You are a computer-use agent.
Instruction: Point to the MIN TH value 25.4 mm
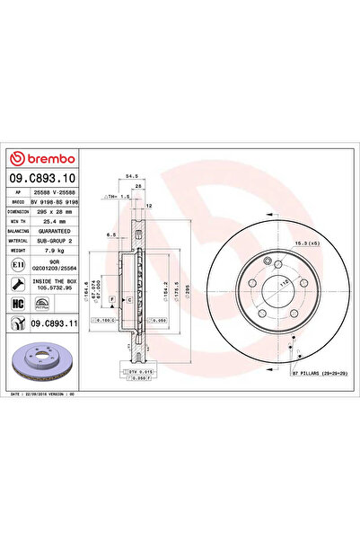point(52,221)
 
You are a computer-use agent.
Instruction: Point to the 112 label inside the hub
point(260,283)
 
